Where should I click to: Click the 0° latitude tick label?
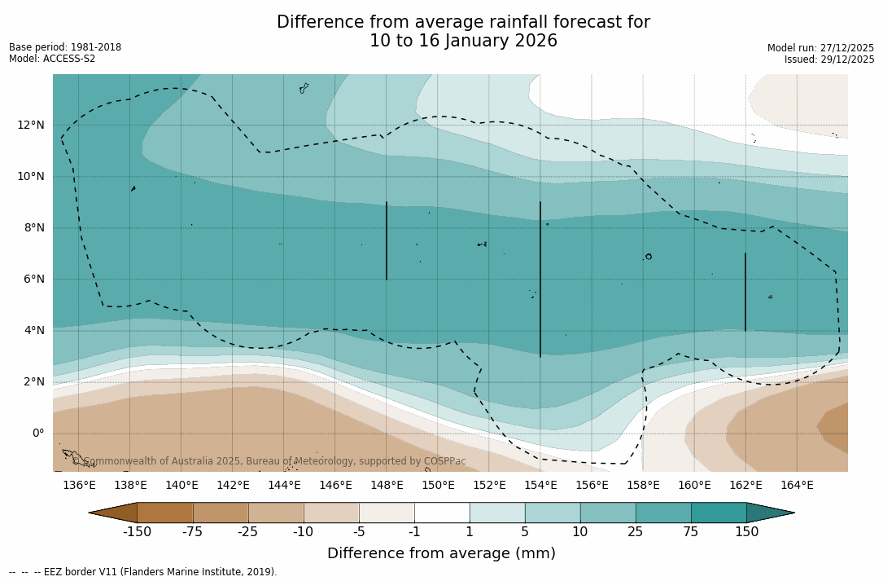[x=37, y=433]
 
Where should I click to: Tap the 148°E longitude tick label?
[x=387, y=485]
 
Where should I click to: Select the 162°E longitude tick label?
[x=745, y=485]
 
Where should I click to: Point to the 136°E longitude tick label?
[x=79, y=485]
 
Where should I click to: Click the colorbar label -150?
[x=137, y=532]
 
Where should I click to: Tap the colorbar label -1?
[x=414, y=532]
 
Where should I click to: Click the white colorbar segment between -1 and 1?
[x=442, y=513]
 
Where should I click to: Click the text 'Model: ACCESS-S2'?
[x=52, y=59]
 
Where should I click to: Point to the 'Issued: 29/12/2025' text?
[x=829, y=59]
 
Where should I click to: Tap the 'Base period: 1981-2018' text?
[x=65, y=47]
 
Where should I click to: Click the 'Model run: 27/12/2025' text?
[x=820, y=48]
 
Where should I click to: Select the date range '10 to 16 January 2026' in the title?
[x=463, y=41]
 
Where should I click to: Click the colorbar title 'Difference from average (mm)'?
[x=441, y=553]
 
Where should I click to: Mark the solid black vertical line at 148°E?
[x=387, y=240]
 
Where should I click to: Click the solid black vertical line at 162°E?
[x=745, y=292]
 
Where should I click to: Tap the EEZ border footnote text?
[x=142, y=572]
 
